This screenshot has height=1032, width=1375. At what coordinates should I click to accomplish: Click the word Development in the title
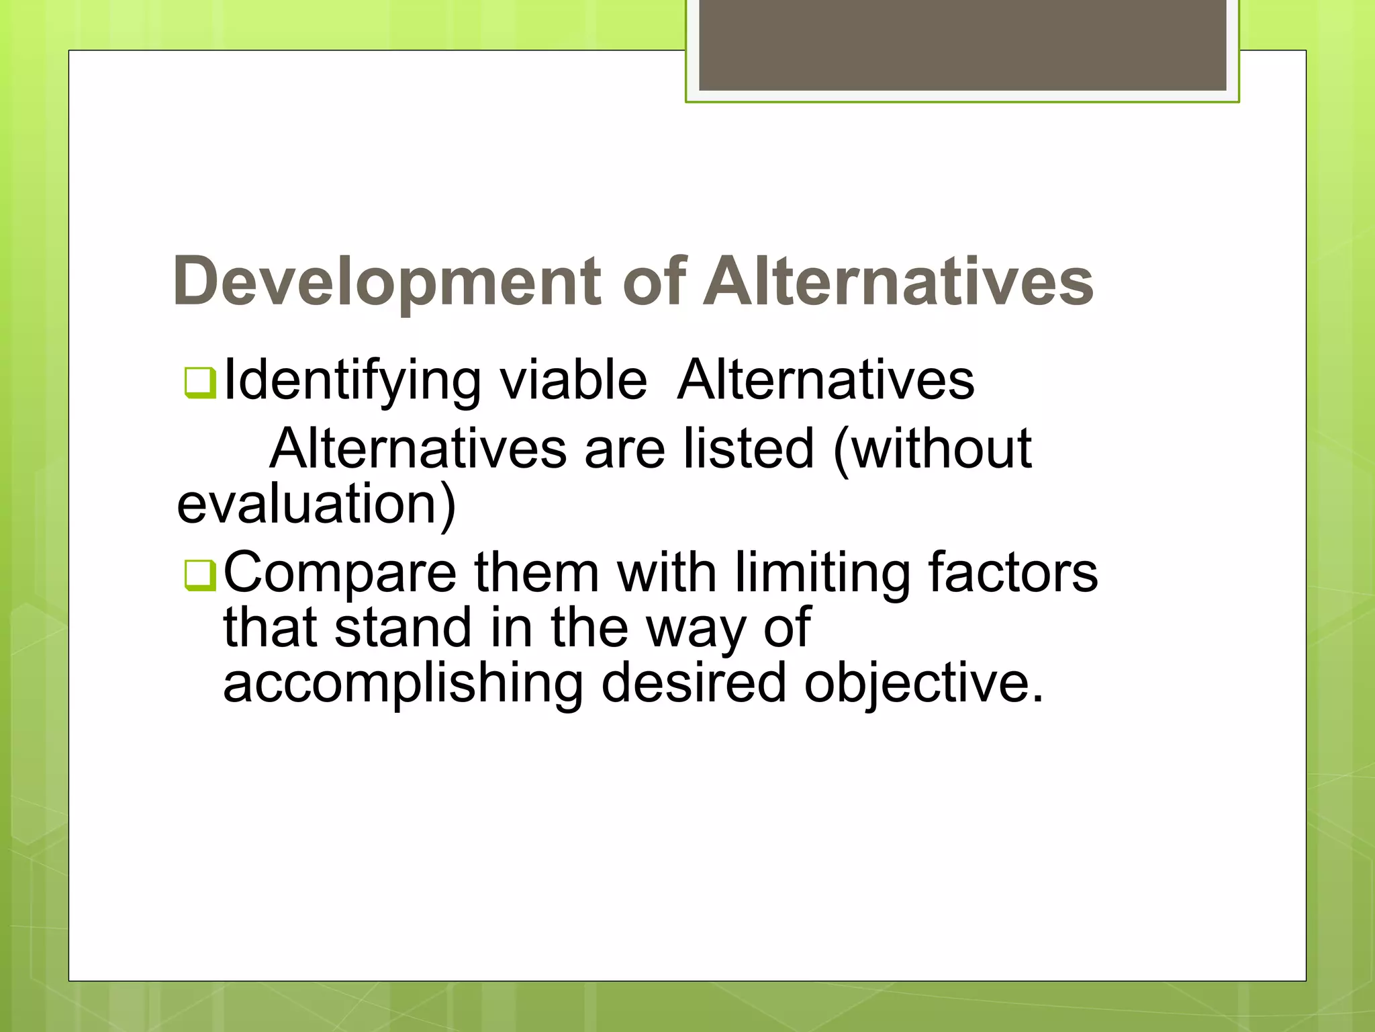(x=387, y=282)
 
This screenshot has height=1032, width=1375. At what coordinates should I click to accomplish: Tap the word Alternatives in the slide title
(x=898, y=282)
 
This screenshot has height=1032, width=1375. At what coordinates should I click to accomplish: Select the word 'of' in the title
(x=655, y=282)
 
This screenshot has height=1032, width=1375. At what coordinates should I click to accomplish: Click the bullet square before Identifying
(x=199, y=383)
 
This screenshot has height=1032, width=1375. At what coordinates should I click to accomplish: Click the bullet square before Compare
(x=199, y=575)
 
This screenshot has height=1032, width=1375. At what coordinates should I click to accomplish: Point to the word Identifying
(x=352, y=382)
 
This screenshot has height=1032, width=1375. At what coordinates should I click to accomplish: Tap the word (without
(x=932, y=449)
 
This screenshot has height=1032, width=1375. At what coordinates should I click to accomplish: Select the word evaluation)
(x=316, y=505)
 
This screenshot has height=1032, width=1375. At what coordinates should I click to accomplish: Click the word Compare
(x=340, y=573)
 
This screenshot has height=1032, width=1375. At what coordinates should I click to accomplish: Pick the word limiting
(x=822, y=573)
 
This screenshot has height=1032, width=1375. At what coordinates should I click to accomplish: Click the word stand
(x=404, y=628)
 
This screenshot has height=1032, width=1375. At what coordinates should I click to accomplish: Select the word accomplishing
(x=403, y=684)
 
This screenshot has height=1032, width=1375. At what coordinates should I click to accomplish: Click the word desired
(x=693, y=683)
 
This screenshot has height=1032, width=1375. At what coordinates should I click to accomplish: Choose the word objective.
(x=924, y=684)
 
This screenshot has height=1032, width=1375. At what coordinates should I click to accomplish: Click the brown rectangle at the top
(x=962, y=44)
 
